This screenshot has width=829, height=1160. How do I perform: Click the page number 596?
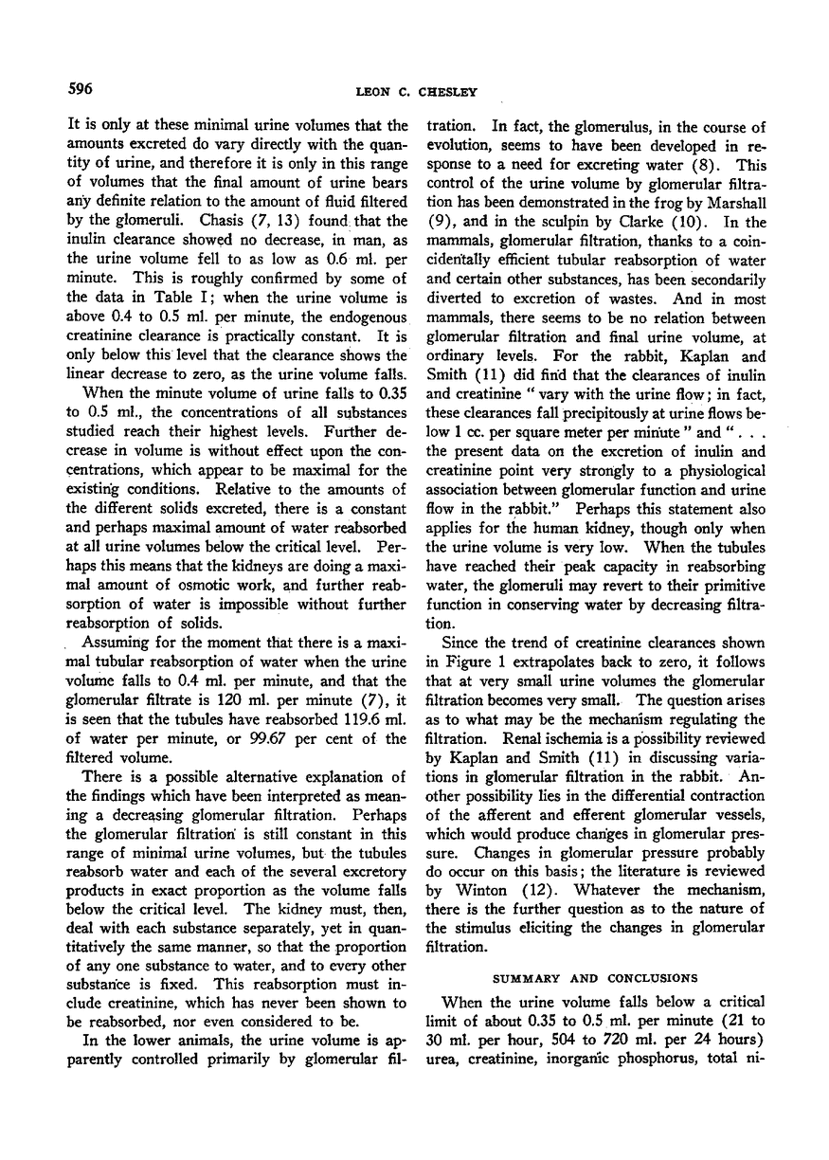tap(78, 90)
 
